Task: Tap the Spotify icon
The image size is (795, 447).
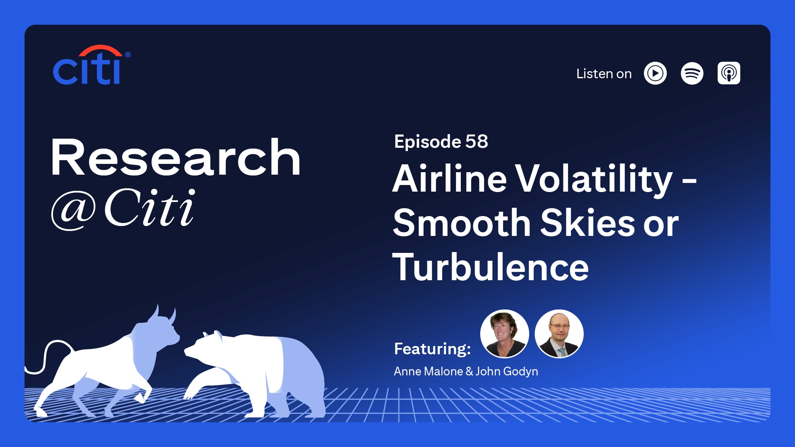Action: (692, 73)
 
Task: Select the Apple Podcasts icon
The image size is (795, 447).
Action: (729, 73)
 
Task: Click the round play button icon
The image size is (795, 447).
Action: (655, 73)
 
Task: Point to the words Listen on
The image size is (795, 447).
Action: (604, 74)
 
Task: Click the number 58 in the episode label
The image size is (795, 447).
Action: (477, 142)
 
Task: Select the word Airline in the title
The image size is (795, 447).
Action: (450, 179)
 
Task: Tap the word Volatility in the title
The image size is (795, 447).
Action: (595, 180)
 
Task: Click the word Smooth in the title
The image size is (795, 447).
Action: (462, 223)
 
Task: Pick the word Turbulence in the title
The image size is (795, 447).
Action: (491, 267)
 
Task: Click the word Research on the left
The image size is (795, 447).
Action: (176, 158)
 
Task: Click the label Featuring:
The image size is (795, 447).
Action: (432, 349)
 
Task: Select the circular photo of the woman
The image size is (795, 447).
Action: (504, 334)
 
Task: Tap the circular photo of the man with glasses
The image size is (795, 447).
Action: (559, 334)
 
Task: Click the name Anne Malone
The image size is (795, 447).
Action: (428, 371)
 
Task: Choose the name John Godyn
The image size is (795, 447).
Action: (507, 372)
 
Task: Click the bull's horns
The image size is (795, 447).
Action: (164, 315)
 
